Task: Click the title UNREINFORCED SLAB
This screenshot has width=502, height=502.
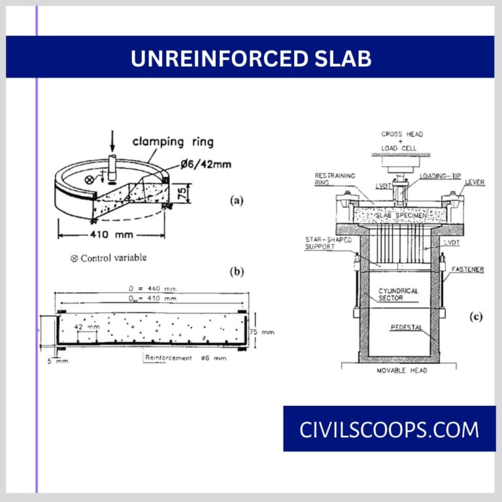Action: click(251, 58)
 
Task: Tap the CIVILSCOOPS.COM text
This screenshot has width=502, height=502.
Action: click(389, 429)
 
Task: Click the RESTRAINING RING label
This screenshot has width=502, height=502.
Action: click(335, 179)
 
